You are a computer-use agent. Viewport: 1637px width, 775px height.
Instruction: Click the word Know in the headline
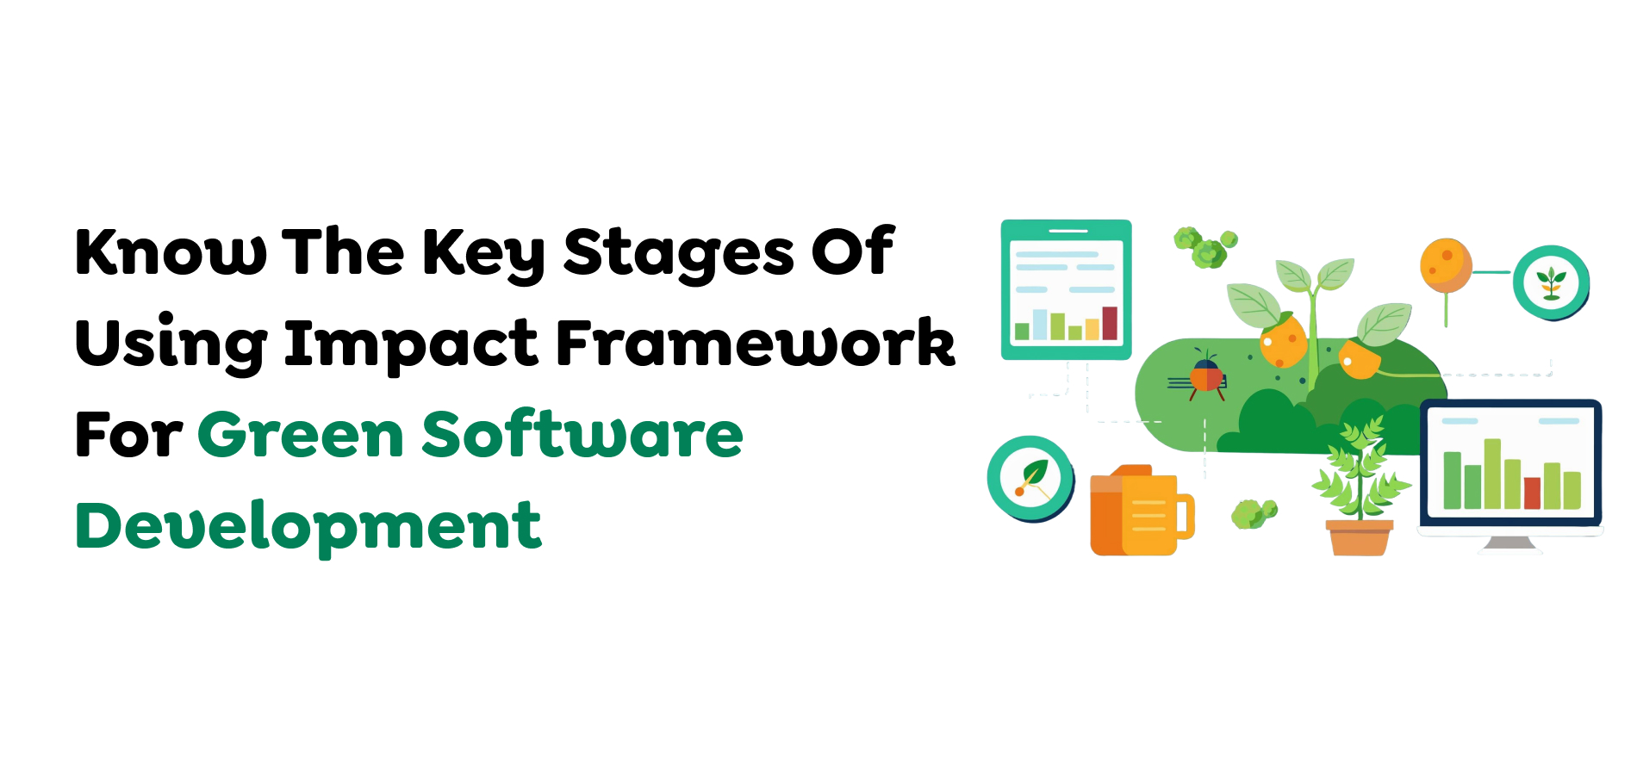tap(171, 252)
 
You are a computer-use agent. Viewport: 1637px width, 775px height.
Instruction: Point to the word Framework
tap(756, 344)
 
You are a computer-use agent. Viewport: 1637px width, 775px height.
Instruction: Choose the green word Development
tap(308, 525)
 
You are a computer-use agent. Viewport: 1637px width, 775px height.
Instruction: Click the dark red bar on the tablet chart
tap(1110, 324)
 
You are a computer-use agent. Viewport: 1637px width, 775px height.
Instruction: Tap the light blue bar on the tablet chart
tap(1040, 325)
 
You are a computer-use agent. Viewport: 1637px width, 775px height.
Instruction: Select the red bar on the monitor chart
tap(1532, 493)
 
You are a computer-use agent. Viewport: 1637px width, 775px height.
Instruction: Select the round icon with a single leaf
tap(1030, 478)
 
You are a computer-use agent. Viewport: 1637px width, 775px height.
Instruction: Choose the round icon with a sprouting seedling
tap(1551, 282)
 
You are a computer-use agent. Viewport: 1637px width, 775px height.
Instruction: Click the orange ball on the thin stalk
tap(1446, 265)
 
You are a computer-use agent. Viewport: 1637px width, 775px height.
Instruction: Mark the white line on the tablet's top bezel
tap(1068, 231)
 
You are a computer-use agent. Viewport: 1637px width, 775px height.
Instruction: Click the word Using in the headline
tap(171, 344)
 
